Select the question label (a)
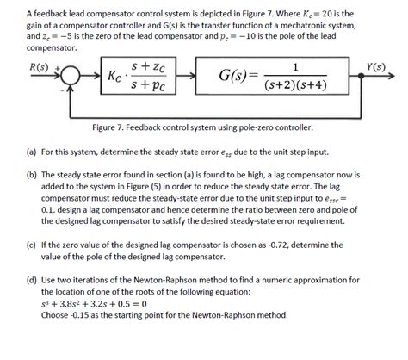click(32, 151)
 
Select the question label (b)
click(32, 172)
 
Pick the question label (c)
click(32, 245)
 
